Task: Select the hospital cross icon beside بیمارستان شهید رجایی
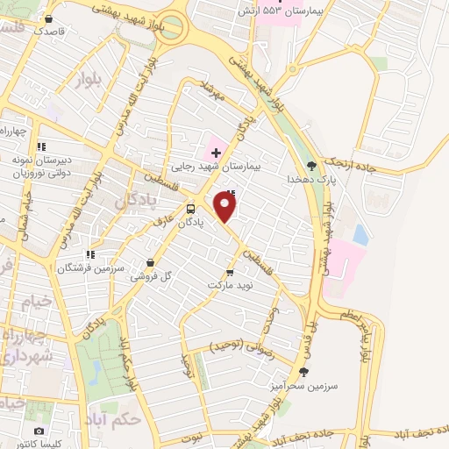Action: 216,153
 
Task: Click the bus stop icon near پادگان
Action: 191,209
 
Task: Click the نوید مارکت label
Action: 230,286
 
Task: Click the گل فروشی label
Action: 150,275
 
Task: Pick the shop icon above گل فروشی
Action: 151,262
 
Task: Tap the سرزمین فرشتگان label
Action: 89,267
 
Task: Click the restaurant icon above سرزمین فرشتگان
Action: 89,254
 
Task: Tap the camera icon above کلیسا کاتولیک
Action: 39,431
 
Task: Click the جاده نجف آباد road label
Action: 413,433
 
